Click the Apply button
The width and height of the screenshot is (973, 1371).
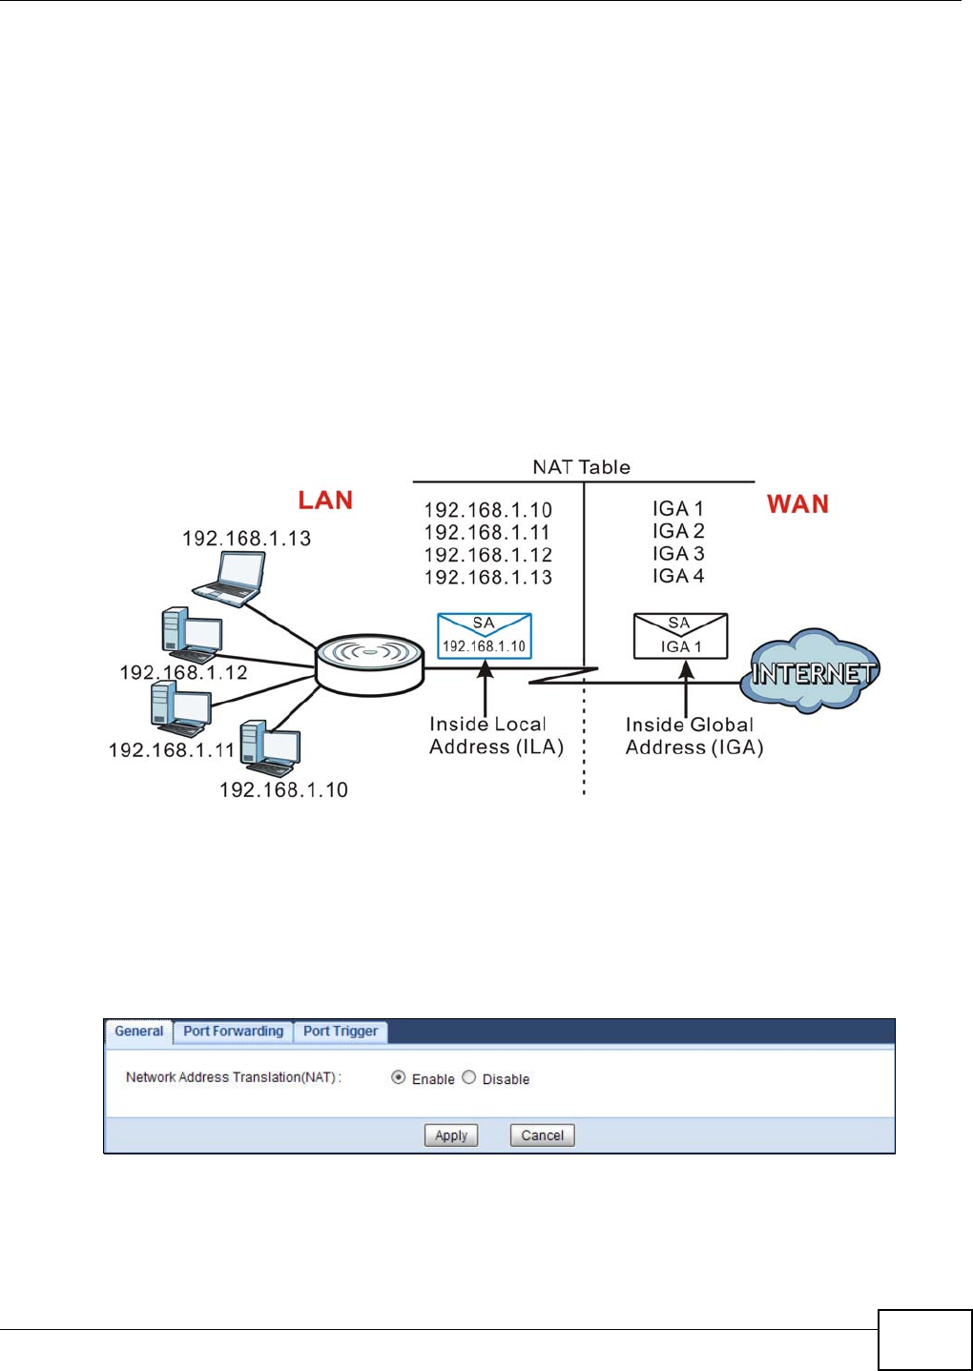tap(450, 1136)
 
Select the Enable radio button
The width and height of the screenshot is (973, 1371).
tap(398, 1077)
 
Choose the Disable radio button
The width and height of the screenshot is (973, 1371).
tap(468, 1077)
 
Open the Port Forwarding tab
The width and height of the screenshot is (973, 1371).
tap(234, 1032)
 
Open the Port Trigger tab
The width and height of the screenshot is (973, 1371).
tap(341, 1032)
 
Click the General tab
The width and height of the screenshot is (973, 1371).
tap(139, 1032)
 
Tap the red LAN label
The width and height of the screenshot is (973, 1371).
tap(325, 501)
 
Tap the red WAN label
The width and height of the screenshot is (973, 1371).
tap(797, 504)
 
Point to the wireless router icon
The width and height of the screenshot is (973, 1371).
tap(369, 665)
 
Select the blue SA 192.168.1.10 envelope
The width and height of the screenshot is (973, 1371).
tap(485, 636)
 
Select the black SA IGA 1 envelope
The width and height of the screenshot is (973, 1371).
tap(680, 636)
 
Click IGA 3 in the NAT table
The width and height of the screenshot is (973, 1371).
tap(678, 553)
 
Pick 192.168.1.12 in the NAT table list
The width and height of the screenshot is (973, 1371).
tap(488, 555)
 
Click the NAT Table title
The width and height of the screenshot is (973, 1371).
tap(581, 467)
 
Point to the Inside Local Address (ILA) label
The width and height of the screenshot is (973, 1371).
tap(496, 736)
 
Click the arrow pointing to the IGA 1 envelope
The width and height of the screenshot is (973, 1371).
tap(687, 689)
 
